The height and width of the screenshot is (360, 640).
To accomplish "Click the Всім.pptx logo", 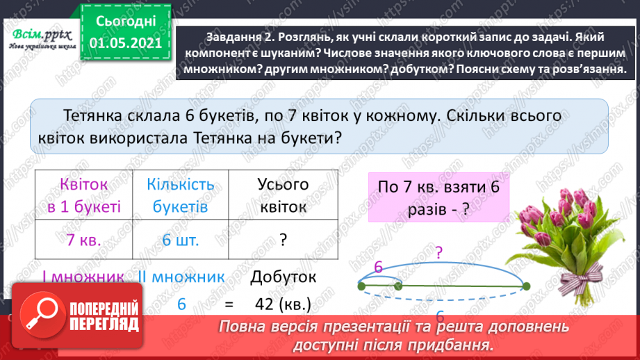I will [38, 37].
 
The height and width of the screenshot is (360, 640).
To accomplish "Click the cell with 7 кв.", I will [84, 240].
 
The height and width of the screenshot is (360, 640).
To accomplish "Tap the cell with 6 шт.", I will [180, 240].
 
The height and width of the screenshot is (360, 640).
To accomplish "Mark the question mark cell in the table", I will [283, 240].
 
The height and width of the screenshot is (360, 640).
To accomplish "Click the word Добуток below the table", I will [283, 277].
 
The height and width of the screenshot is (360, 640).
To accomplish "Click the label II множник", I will [182, 277].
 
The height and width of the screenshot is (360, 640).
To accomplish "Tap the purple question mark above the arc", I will [438, 252].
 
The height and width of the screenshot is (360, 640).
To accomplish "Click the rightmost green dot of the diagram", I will [526, 286].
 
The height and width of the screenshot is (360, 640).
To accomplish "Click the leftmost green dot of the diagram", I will [361, 286].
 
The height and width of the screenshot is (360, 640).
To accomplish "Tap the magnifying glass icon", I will [40, 316].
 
